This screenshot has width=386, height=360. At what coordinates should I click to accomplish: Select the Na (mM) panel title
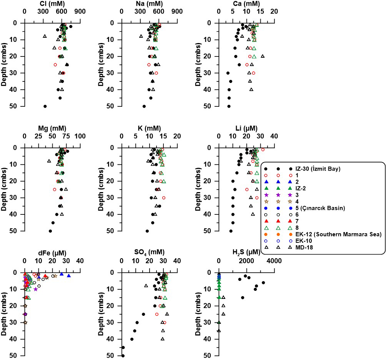point(149,4)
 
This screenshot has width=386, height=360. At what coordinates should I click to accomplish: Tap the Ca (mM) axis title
point(246,4)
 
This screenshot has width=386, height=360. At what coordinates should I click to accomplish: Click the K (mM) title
point(149,129)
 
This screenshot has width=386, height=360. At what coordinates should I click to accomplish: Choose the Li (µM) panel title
point(246,129)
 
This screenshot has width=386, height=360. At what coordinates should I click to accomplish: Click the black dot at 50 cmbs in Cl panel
point(45,106)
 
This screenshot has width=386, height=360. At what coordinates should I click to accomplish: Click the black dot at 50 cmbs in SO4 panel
point(123,356)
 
